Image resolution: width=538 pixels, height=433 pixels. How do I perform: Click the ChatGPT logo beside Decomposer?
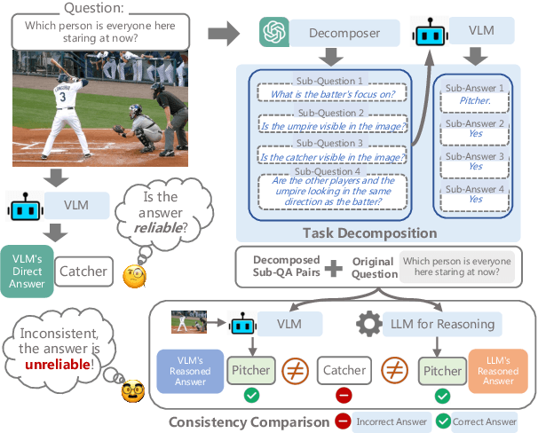point(274,33)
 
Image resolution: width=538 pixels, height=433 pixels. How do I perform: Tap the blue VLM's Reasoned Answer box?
point(189,371)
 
